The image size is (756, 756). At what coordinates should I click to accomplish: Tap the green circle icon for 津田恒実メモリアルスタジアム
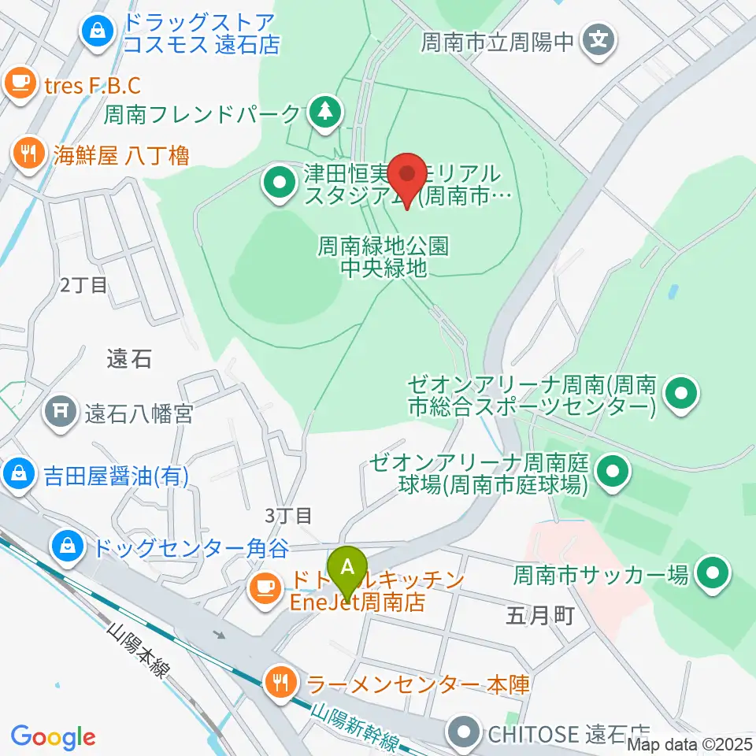(280, 183)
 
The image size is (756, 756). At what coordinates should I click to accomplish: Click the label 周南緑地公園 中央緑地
(384, 258)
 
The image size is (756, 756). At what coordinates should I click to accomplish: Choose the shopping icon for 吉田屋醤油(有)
(16, 475)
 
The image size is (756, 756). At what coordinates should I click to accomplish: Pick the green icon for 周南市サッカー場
(713, 573)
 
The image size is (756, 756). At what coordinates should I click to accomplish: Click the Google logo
(53, 738)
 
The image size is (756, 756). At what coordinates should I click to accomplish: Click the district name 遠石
(128, 359)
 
